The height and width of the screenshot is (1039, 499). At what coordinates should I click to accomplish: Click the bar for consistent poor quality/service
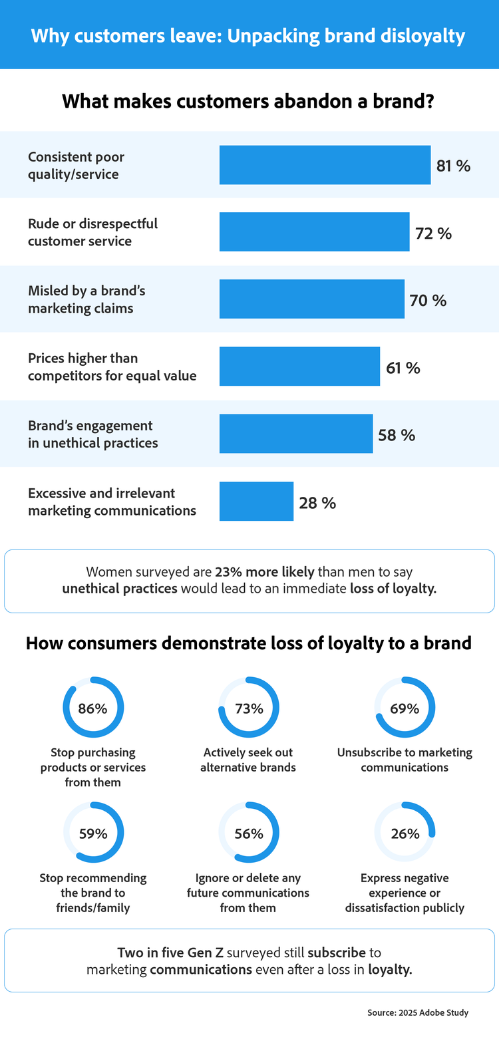point(325,165)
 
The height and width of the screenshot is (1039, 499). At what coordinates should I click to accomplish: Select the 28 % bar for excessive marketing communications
point(256,502)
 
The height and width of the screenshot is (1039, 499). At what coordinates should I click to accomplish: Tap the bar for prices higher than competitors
point(299,367)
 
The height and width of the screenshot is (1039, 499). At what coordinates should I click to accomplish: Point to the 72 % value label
point(433,233)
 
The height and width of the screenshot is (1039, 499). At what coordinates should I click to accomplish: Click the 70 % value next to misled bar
point(428,301)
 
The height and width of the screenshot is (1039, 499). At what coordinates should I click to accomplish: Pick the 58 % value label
point(397,435)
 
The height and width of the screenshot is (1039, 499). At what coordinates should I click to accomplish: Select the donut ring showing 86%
point(93,708)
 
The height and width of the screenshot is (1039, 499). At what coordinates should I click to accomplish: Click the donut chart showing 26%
point(405,833)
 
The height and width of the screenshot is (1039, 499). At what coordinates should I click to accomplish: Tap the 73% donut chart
point(249,708)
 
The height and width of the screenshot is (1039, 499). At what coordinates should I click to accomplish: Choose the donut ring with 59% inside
point(93,833)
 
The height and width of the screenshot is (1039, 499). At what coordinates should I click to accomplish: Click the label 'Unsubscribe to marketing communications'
point(405,760)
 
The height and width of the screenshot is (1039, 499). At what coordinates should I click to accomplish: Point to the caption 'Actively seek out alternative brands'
point(249,760)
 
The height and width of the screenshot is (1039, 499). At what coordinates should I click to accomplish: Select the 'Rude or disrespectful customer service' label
point(92,232)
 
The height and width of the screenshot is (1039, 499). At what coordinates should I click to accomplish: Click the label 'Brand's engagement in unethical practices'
point(92,434)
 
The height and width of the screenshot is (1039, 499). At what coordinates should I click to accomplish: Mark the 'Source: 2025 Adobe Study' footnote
point(418,1012)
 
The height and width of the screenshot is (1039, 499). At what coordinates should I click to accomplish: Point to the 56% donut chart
point(249,833)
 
